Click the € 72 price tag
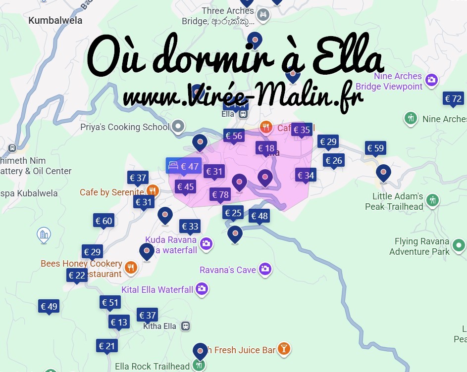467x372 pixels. (x=453, y=99)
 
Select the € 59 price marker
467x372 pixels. (x=375, y=148)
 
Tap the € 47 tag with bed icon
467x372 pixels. (x=183, y=166)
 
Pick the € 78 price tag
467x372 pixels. (x=220, y=194)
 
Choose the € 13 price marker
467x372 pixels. (x=119, y=322)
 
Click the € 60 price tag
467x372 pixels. (x=104, y=221)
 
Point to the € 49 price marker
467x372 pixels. (x=49, y=306)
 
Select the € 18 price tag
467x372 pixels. (x=266, y=148)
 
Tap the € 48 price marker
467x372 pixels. (x=259, y=216)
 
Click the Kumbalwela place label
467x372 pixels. (x=55, y=21)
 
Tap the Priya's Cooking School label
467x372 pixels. (x=125, y=127)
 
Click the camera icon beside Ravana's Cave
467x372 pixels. (x=265, y=269)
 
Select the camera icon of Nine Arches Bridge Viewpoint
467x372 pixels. (x=431, y=80)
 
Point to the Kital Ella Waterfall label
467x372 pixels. (x=157, y=289)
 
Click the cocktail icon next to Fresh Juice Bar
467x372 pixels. (x=284, y=349)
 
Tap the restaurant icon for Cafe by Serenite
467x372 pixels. (x=153, y=191)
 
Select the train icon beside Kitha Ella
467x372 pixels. (x=185, y=326)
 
